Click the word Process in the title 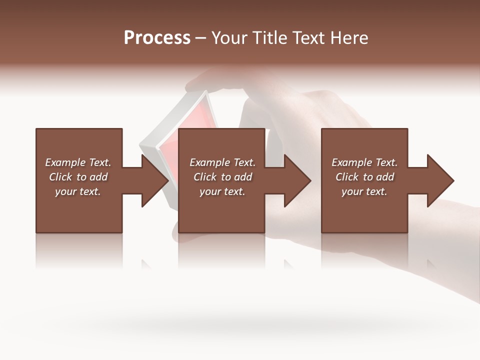point(157,38)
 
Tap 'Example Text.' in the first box point(78,162)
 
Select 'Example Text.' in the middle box point(222,162)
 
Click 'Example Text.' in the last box point(364,162)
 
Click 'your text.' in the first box point(78,191)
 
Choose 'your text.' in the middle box point(222,191)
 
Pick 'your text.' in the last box point(364,191)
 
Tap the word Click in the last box point(347,177)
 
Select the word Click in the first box point(60,177)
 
